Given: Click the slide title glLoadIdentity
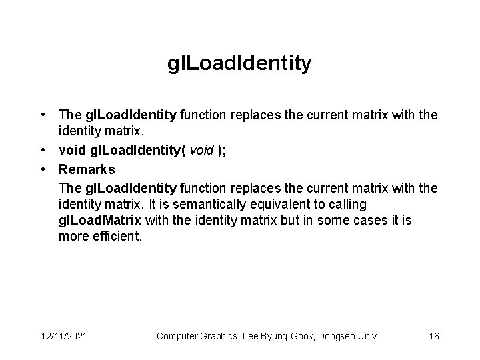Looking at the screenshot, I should (x=239, y=64).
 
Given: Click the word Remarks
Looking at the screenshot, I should (x=87, y=169).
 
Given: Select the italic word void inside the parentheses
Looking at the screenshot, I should (x=202, y=151).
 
